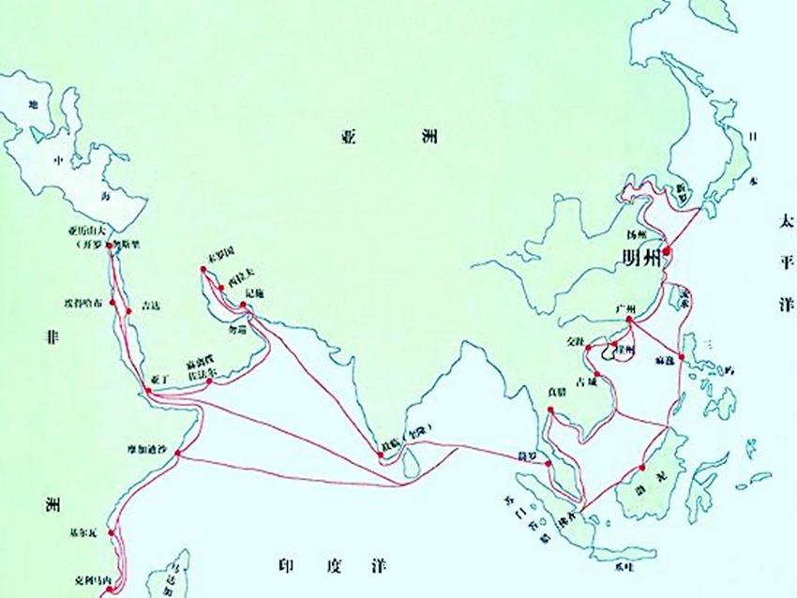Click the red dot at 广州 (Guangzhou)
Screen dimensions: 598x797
tap(631, 321)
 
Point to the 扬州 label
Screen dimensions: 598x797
tap(638, 232)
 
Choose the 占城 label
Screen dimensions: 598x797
tap(585, 382)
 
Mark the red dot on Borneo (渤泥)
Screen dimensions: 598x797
tap(643, 467)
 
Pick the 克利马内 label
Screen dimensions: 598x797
tap(92, 580)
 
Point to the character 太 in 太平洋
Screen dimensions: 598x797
tap(784, 222)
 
